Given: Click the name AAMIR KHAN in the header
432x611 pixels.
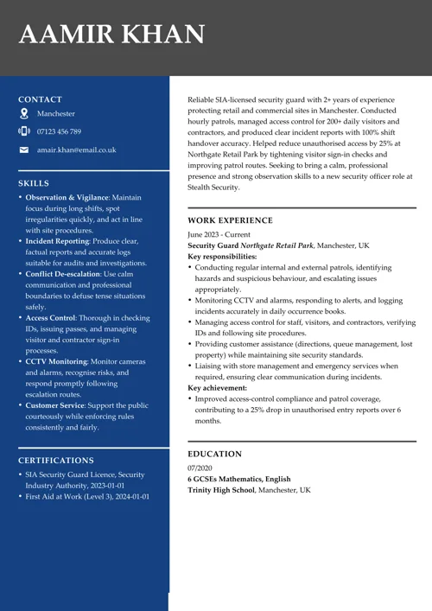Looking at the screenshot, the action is click(x=111, y=35).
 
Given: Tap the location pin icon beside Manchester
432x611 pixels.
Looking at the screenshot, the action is click(x=24, y=114).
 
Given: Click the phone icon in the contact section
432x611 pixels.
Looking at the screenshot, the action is click(x=24, y=131).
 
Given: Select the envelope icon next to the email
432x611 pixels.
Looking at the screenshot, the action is click(x=24, y=150).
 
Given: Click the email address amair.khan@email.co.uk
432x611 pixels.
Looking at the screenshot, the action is click(x=76, y=150).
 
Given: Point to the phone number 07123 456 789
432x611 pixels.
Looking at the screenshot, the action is click(x=59, y=131).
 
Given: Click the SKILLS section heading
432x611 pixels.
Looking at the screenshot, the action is click(x=34, y=183).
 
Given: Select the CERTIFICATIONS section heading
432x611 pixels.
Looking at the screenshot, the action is click(x=56, y=461).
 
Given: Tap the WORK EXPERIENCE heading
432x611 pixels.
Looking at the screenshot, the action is click(x=230, y=220).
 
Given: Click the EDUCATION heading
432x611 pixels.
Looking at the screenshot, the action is click(x=214, y=454).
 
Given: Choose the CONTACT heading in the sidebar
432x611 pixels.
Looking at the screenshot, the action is click(x=40, y=99).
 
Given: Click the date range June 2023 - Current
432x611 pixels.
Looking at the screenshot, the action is click(x=219, y=234).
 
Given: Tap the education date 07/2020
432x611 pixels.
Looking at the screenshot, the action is click(x=200, y=468).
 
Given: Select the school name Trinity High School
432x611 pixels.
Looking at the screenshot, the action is click(x=221, y=490).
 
